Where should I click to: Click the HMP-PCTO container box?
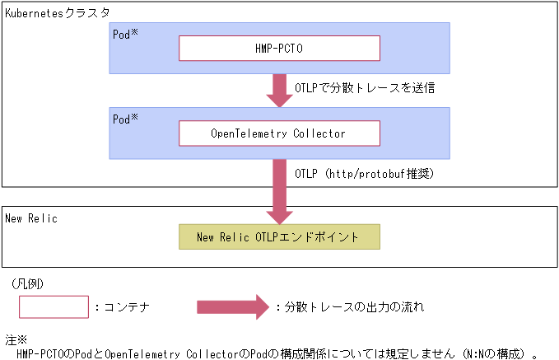point(279,49)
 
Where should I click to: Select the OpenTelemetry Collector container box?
point(279,133)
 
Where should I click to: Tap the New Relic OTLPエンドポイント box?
point(279,237)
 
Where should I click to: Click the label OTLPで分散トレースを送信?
point(364,86)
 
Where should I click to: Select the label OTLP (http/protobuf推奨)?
point(363,174)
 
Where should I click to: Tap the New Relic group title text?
point(31,218)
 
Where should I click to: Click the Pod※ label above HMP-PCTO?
point(125,35)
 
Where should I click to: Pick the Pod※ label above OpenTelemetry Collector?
point(125,119)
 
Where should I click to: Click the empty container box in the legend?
point(54,307)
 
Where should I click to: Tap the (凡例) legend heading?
point(29,283)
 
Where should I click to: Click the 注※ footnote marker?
point(16,339)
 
